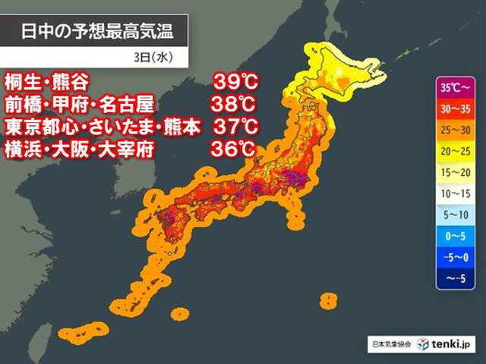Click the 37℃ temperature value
(x=233, y=127)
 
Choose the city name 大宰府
(x=127, y=149)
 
